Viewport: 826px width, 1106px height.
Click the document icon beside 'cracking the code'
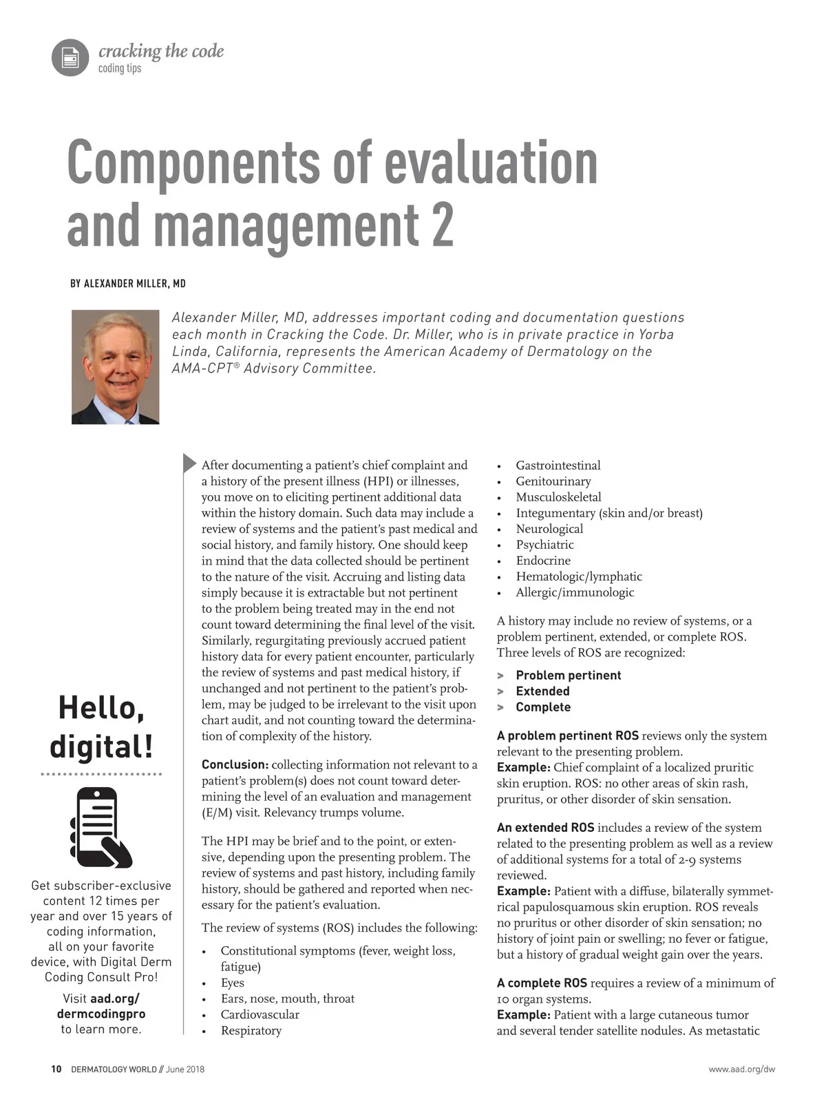pos(70,57)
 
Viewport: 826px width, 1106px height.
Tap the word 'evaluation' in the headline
pos(491,163)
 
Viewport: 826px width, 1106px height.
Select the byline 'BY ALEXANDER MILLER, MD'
pos(128,284)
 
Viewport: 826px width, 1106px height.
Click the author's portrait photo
pos(116,366)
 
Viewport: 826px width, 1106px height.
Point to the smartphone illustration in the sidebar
pos(100,827)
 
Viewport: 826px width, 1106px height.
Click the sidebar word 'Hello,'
pos(101,708)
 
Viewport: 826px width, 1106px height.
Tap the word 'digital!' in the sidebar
pos(101,747)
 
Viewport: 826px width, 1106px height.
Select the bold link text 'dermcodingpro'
pos(101,1014)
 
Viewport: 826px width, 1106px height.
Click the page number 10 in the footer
pos(56,1070)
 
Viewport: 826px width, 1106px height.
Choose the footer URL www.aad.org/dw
pos(742,1070)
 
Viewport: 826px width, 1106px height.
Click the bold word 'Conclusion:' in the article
pos(235,764)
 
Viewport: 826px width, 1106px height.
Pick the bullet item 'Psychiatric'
pos(544,545)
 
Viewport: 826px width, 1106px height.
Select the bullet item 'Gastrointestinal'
pos(558,466)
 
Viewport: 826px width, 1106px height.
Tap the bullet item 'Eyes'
pos(233,983)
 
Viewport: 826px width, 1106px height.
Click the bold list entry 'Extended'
pos(542,691)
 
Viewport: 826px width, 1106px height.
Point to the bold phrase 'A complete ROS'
pos(542,983)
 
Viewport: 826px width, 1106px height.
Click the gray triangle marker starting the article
pos(189,463)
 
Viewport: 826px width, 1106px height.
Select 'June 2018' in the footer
pos(185,1070)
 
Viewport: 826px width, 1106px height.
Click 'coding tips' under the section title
pos(120,68)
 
